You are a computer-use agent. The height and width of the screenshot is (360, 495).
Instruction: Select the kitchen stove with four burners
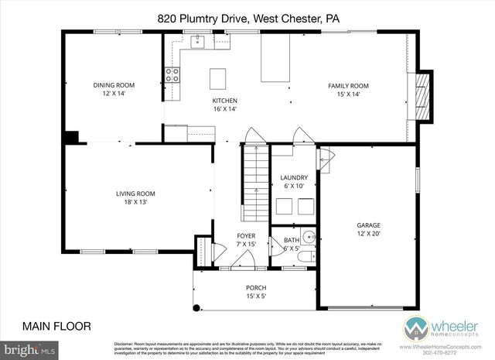(172, 75)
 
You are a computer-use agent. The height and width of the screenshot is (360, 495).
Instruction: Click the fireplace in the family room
(422, 97)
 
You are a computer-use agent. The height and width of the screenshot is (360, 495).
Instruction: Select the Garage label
(367, 225)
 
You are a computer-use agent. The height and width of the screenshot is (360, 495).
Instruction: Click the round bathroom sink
(309, 238)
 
